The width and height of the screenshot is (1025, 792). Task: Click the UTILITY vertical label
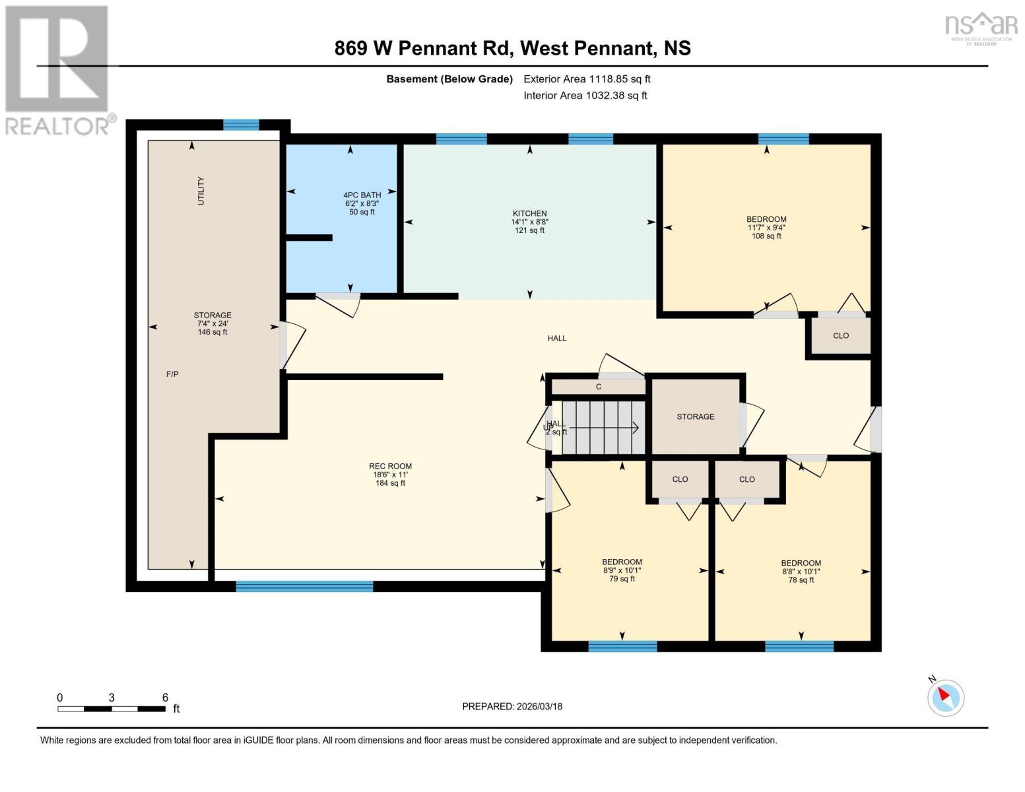[201, 191]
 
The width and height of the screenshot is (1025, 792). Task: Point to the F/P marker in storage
[172, 374]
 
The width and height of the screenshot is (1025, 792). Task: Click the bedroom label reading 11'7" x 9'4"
[766, 227]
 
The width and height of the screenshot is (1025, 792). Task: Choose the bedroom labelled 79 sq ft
[622, 570]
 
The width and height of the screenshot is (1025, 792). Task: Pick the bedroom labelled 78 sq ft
[801, 572]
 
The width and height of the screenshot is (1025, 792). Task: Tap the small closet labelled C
[598, 387]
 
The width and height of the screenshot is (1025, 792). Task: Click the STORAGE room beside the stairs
[695, 416]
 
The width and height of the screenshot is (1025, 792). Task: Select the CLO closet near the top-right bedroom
[840, 335]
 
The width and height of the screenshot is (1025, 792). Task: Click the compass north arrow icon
[946, 697]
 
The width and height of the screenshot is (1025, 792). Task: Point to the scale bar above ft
[111, 709]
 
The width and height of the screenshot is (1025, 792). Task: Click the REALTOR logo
[58, 69]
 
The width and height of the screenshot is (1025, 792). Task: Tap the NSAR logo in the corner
[981, 27]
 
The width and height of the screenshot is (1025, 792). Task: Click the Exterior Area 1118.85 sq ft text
[587, 79]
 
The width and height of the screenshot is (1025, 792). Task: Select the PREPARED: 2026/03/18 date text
[512, 706]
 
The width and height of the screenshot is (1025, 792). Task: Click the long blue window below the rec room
[304, 586]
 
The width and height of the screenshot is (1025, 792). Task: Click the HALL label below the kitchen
[556, 338]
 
